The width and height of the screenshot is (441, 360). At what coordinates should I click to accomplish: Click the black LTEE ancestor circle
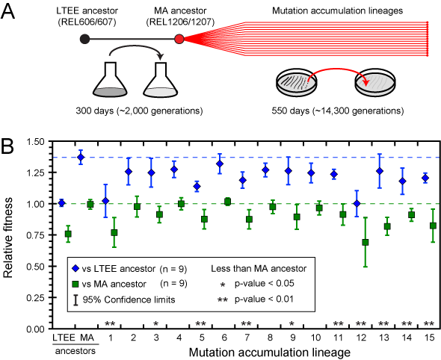tap(84, 39)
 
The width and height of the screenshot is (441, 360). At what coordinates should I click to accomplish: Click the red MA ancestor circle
tap(179, 39)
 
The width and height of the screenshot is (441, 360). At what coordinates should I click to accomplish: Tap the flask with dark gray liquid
tap(110, 79)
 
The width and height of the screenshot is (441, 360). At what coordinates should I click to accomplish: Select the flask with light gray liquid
tap(161, 79)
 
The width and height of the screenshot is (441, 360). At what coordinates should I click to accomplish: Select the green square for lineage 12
tap(365, 242)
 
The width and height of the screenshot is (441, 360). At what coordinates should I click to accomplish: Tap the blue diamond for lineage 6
tap(220, 164)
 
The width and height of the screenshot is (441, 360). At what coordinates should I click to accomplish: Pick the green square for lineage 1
tap(114, 233)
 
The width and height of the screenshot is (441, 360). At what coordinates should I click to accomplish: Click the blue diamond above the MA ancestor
tap(81, 157)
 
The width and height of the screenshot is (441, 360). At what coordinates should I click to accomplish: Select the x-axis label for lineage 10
tap(316, 338)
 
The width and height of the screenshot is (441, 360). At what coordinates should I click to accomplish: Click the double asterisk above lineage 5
tap(200, 323)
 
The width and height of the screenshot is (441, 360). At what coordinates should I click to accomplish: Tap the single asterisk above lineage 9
tap(292, 323)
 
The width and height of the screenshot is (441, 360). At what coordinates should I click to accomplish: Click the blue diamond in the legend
tap(75, 269)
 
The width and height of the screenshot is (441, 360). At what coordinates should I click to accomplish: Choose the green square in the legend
tap(75, 284)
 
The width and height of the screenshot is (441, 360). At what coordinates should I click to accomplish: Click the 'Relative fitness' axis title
tap(8, 238)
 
